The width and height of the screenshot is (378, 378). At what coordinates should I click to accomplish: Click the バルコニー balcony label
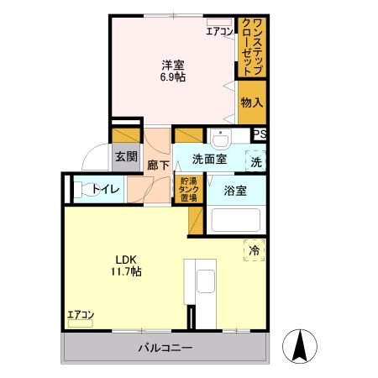click(x=165, y=348)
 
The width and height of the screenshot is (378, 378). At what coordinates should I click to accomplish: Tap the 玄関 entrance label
click(x=126, y=157)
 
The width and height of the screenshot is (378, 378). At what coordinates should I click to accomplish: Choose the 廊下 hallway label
click(x=158, y=165)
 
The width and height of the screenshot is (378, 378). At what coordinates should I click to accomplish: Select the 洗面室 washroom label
click(x=209, y=158)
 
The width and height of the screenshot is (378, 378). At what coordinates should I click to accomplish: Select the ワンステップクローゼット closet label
click(x=252, y=46)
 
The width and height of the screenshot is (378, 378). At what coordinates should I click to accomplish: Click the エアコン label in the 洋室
click(x=220, y=32)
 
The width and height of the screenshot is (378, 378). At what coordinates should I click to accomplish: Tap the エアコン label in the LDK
click(x=81, y=315)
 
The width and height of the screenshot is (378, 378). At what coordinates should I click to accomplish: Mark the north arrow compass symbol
click(x=301, y=345)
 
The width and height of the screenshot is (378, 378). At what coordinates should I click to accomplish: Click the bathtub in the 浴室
click(x=235, y=219)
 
